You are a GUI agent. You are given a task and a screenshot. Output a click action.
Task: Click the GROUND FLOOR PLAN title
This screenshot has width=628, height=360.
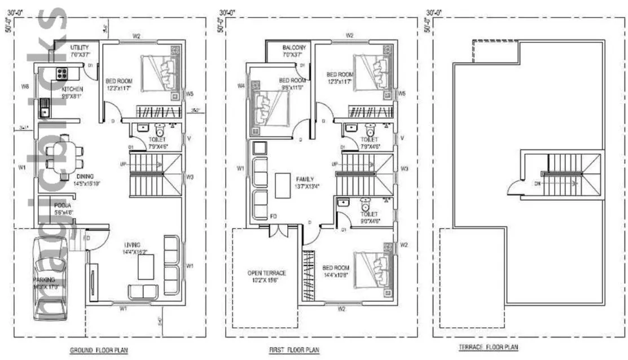point(98,350)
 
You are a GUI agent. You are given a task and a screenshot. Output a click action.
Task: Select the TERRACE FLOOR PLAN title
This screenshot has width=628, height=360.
point(489,348)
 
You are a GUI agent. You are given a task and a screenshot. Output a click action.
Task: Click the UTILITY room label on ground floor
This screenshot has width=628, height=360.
point(80,48)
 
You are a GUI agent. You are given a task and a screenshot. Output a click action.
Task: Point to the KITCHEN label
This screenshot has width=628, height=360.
point(72,89)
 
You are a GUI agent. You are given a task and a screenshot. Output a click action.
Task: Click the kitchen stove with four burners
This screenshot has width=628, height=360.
point(61,73)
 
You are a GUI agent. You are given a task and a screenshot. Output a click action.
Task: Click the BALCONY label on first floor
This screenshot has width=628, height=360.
point(294,48)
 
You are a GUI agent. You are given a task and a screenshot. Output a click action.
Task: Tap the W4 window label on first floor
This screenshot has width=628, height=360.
point(241,86)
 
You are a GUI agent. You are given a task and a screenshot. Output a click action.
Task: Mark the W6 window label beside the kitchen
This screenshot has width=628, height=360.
point(25,86)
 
